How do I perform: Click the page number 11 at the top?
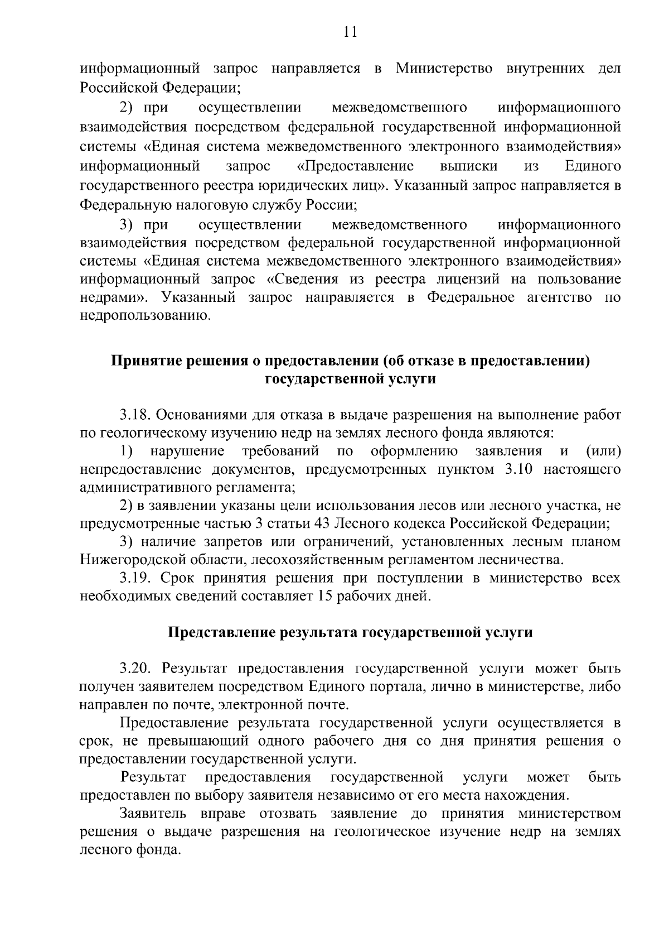click(x=350, y=31)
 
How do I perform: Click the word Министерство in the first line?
click(x=444, y=69)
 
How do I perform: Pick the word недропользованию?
click(x=146, y=316)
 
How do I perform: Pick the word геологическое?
click(x=382, y=831)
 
